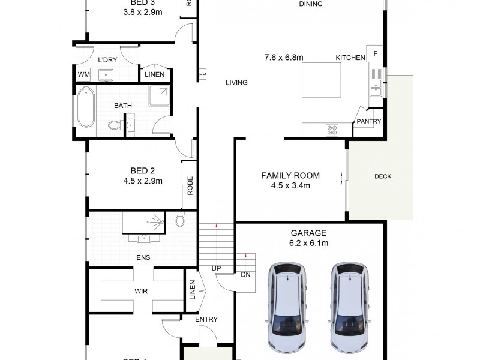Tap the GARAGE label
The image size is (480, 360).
pos(308,233)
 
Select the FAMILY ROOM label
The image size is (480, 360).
pos(290,176)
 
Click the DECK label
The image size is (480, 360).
pos(382,176)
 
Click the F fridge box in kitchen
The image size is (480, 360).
pos(376,54)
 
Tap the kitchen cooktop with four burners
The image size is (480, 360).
pos(332,129)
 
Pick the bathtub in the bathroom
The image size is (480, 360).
pos(85,107)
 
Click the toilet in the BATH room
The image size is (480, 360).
pos(114,125)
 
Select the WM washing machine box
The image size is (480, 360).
pos(83,74)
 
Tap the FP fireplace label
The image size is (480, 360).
pos(202,75)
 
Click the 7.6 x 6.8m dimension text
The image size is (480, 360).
pos(284,58)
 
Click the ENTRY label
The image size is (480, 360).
pos(206,319)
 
